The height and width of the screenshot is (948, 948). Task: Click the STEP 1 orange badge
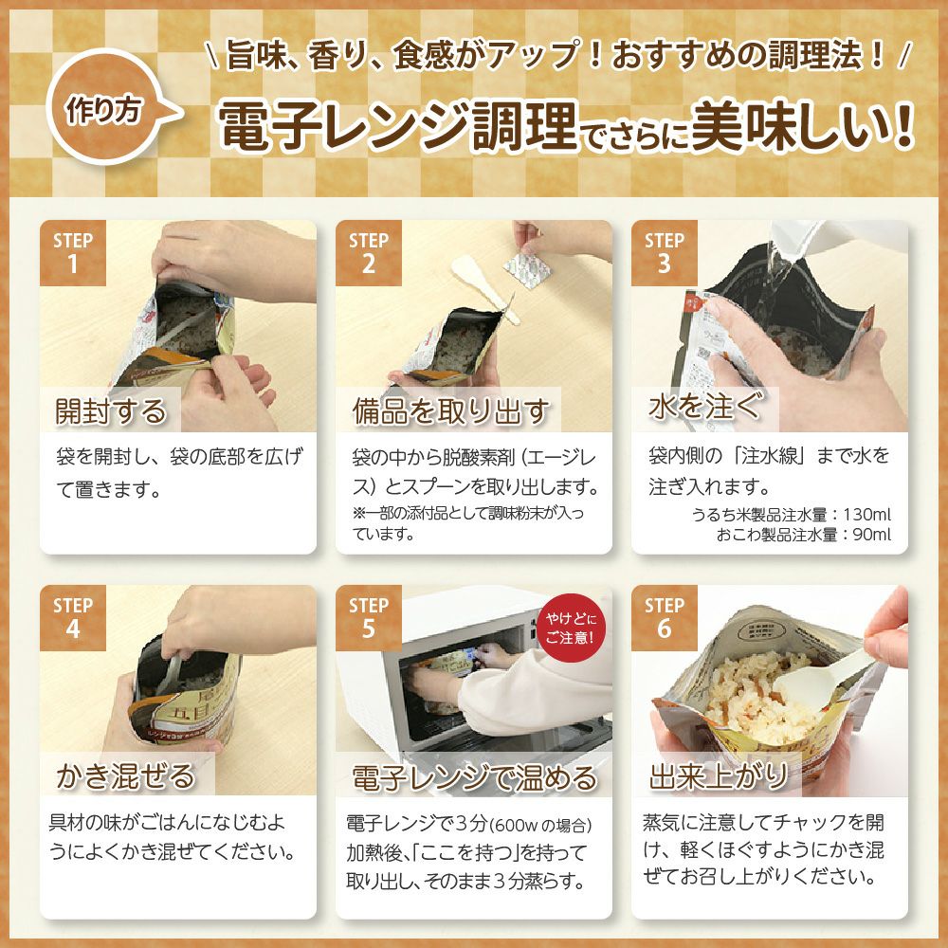tap(73, 253)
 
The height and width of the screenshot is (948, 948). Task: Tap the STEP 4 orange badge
tap(73, 618)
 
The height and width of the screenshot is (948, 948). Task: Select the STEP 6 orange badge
tap(665, 618)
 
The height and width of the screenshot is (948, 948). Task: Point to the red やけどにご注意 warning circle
tap(570, 629)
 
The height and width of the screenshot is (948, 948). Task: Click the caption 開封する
tap(111, 411)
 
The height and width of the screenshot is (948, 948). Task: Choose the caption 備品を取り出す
tap(450, 411)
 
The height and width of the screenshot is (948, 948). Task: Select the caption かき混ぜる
tap(126, 775)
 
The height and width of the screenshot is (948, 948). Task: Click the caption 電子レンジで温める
tap(474, 777)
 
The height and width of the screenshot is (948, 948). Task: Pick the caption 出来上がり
tap(719, 776)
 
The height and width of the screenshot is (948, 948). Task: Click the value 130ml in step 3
tap(867, 515)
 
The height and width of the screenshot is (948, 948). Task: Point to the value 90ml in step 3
tap(872, 535)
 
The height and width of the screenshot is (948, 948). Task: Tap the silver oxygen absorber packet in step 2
tap(526, 270)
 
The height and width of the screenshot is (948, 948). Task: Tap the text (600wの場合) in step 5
tap(540, 826)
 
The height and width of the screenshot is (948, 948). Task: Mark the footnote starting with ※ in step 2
tap(468, 523)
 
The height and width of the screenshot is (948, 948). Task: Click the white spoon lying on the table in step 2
tap(483, 286)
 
